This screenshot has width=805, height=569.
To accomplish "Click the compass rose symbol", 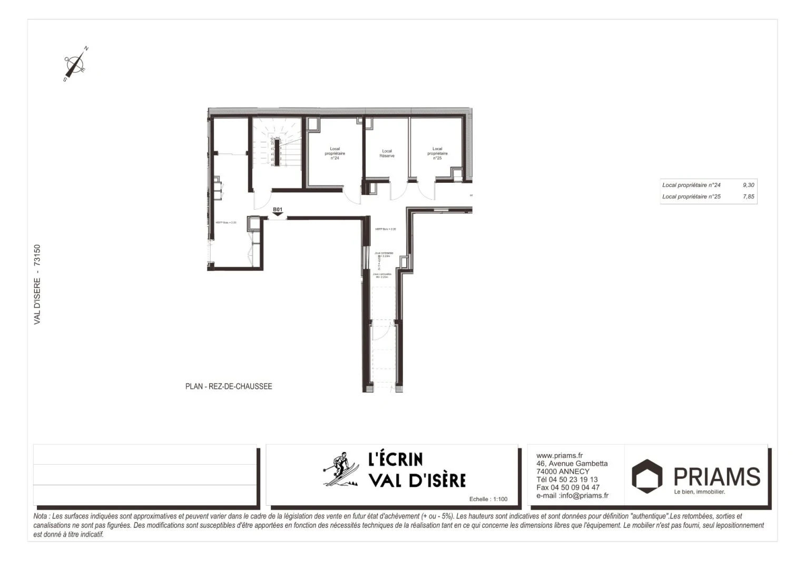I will (76, 64).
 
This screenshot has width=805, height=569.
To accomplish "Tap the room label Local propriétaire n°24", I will (335, 153).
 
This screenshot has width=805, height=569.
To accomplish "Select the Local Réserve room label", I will (387, 153).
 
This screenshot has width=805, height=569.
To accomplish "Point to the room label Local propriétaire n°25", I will (437, 153).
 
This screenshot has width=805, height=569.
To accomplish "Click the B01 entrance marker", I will (278, 211).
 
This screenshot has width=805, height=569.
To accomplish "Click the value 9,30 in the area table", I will (748, 185).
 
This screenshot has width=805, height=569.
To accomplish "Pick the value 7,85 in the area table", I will (748, 197).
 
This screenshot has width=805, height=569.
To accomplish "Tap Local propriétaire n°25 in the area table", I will (691, 197).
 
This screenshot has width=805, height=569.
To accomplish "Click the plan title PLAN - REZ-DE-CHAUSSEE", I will (229, 387).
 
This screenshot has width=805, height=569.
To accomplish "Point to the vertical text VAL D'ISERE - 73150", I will (37, 284).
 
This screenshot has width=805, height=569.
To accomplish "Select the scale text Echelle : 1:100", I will (488, 499).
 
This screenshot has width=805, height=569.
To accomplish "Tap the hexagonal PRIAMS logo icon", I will (647, 476).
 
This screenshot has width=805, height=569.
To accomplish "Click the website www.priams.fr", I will (559, 456).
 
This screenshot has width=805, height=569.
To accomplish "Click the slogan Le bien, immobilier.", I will (700, 492).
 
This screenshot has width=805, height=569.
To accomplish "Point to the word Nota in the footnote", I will (40, 516).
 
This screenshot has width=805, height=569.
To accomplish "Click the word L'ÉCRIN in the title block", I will (395, 459).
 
